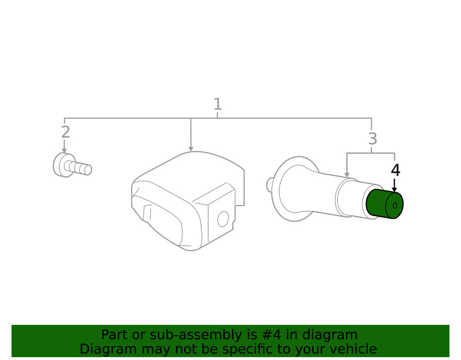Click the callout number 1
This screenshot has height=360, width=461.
(x=217, y=104)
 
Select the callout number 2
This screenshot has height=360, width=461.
(x=65, y=132)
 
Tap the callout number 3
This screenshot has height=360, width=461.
(x=372, y=138)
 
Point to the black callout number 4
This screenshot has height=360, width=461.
(x=396, y=170)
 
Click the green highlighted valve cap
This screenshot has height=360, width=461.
(x=384, y=204)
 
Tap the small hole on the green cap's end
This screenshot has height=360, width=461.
(x=395, y=206)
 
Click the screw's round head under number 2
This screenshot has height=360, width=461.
(x=61, y=165)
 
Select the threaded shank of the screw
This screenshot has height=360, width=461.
(x=78, y=168)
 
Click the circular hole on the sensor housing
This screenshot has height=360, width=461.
(x=223, y=219)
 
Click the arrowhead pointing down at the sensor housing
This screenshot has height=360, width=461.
(x=191, y=149)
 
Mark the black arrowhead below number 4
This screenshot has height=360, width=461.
(x=395, y=190)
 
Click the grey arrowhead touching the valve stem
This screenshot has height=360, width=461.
(x=347, y=175)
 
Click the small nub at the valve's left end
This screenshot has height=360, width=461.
(x=269, y=185)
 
